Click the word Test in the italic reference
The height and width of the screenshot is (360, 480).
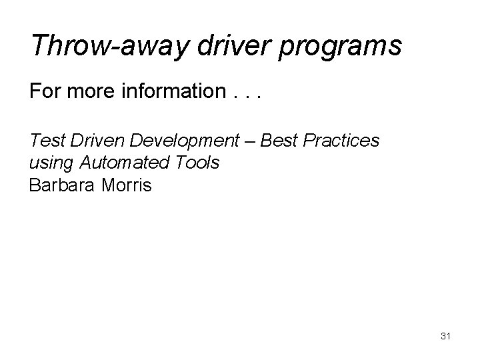(x=44, y=141)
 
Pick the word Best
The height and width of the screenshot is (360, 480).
(x=277, y=141)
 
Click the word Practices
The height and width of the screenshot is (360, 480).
(x=341, y=141)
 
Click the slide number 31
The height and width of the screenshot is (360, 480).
(x=446, y=336)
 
